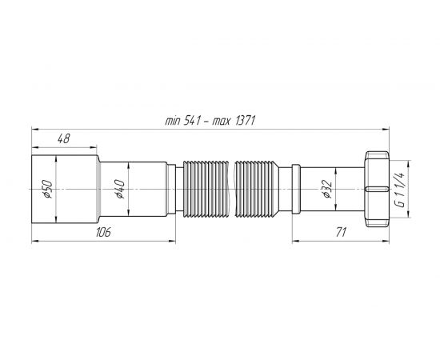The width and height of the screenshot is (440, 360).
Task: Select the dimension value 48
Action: coord(65,138)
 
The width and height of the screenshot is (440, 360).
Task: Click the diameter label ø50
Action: coord(47,190)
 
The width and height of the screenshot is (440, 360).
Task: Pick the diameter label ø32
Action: coord(326,190)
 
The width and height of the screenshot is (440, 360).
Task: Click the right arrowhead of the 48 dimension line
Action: coord(95,147)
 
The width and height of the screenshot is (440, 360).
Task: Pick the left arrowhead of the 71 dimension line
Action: coord(293,240)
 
